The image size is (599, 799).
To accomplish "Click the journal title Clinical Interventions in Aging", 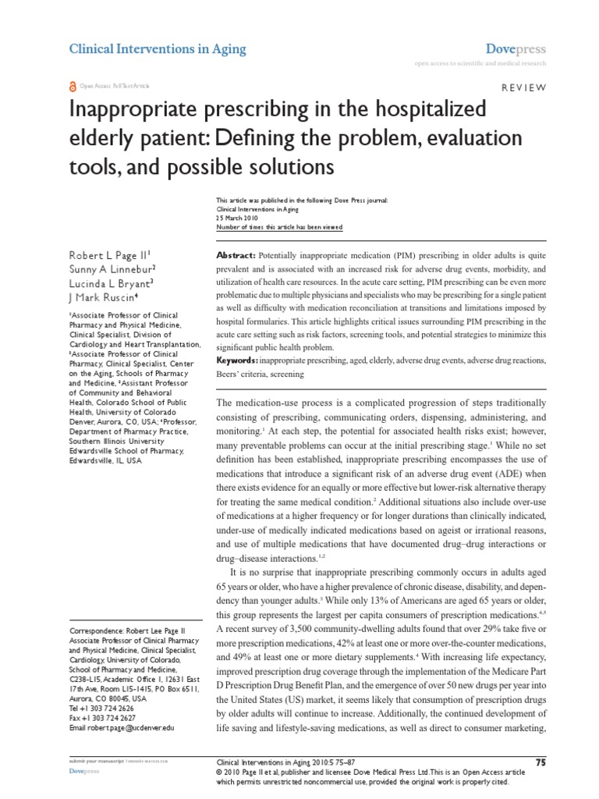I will pyautogui.click(x=158, y=49).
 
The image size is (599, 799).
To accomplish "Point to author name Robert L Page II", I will pyautogui.click(x=110, y=254).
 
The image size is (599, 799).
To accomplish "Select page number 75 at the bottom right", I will pyautogui.click(x=540, y=762).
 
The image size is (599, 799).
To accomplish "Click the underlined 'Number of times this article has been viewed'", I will pyautogui.click(x=278, y=228).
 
